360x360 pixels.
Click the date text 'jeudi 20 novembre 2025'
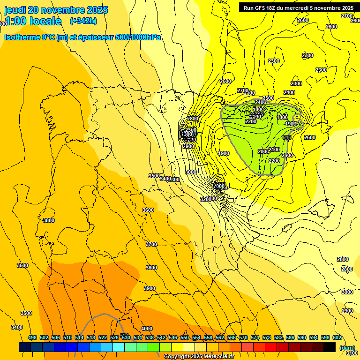point(56,10)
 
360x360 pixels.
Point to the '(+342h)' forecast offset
point(83,21)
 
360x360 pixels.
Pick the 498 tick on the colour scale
point(32,337)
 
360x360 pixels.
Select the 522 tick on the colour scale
point(103,337)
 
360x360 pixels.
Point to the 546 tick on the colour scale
point(173,337)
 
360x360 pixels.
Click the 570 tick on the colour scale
point(243,337)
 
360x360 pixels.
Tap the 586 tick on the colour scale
point(290,337)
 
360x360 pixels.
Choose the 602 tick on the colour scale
point(337,337)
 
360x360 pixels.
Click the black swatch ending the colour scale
point(330,347)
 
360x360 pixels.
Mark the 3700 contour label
point(151,244)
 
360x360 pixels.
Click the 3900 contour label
point(149,288)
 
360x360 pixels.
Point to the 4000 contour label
point(147,329)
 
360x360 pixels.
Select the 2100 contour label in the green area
point(274,150)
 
